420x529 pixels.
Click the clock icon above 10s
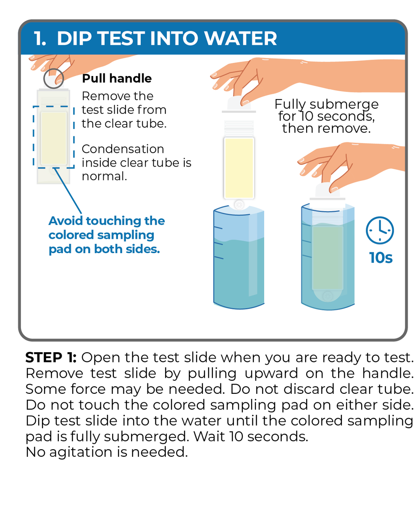tap(380, 230)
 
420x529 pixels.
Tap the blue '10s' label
tap(381, 258)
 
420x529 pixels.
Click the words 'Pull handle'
tap(117, 79)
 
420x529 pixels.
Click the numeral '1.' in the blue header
tap(40, 38)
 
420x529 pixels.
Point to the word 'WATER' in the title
tap(241, 38)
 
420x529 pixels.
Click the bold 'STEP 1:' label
tap(51, 357)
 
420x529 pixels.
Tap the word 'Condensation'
tap(123, 149)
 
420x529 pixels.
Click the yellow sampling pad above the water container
tap(239, 168)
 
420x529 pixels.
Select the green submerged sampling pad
tap(327, 258)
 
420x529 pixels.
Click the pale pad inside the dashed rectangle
tap(54, 138)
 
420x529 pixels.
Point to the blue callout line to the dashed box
tap(68, 191)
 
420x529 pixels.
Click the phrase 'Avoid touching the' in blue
tap(107, 221)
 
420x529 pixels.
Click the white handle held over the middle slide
tap(239, 103)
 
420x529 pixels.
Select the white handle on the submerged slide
tap(327, 190)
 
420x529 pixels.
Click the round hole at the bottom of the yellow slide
tap(239, 204)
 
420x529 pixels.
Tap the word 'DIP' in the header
tap(74, 38)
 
